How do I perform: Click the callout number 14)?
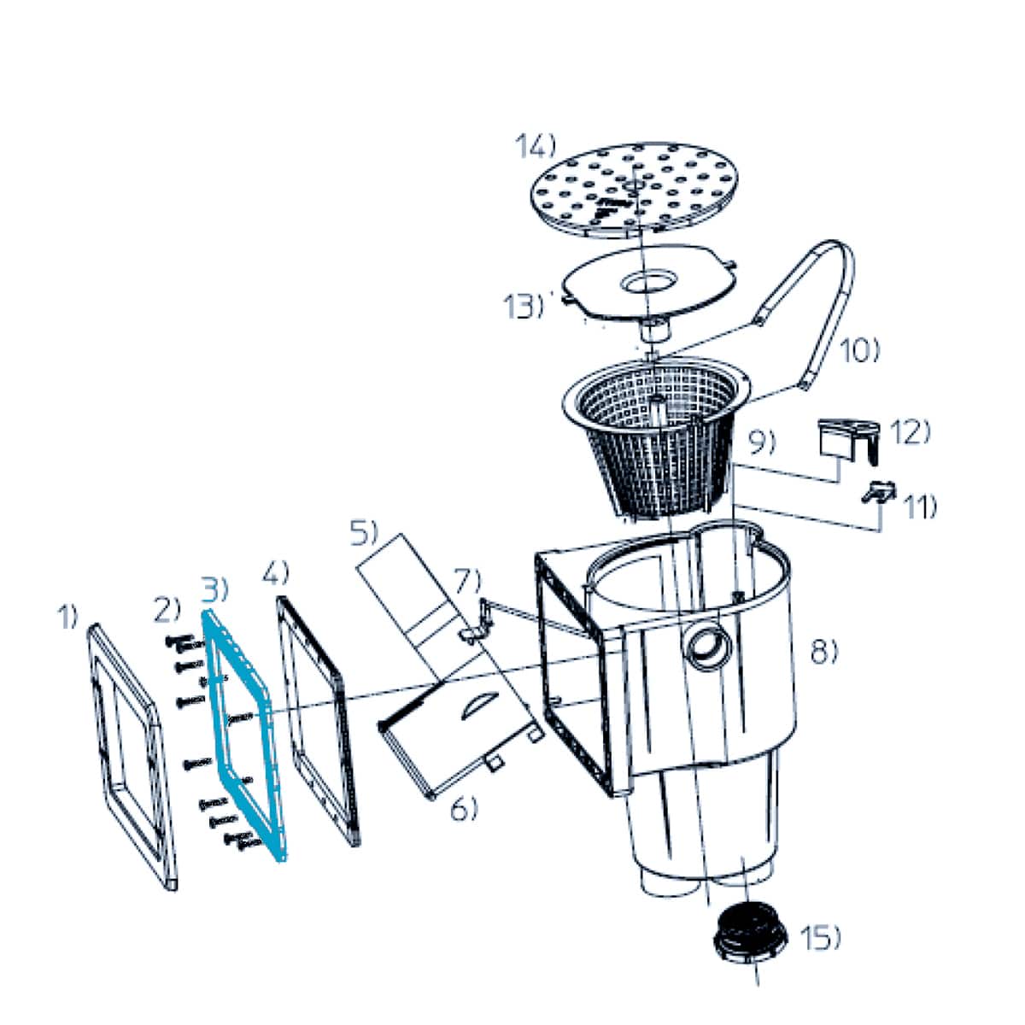tap(535, 146)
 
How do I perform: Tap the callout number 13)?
tap(524, 306)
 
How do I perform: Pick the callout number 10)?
tap(859, 352)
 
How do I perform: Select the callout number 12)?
tap(910, 432)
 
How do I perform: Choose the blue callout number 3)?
tap(215, 589)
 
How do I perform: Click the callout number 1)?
tap(67, 617)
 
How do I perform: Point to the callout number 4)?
tap(276, 571)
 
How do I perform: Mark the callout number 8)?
tap(823, 651)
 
